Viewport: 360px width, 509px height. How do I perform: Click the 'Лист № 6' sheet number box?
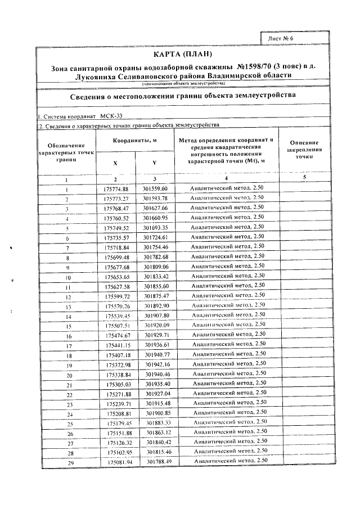(282, 38)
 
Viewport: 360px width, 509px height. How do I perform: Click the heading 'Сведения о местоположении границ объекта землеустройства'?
(183, 96)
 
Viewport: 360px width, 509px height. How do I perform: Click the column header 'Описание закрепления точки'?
(304, 150)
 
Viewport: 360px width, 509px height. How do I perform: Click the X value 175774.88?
(116, 189)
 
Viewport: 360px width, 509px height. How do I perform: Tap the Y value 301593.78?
(155, 199)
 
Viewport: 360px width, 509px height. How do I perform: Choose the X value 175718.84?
(116, 247)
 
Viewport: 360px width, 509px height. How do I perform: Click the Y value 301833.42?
(155, 277)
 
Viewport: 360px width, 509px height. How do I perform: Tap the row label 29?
(67, 462)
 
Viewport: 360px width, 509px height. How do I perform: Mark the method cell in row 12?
(228, 295)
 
